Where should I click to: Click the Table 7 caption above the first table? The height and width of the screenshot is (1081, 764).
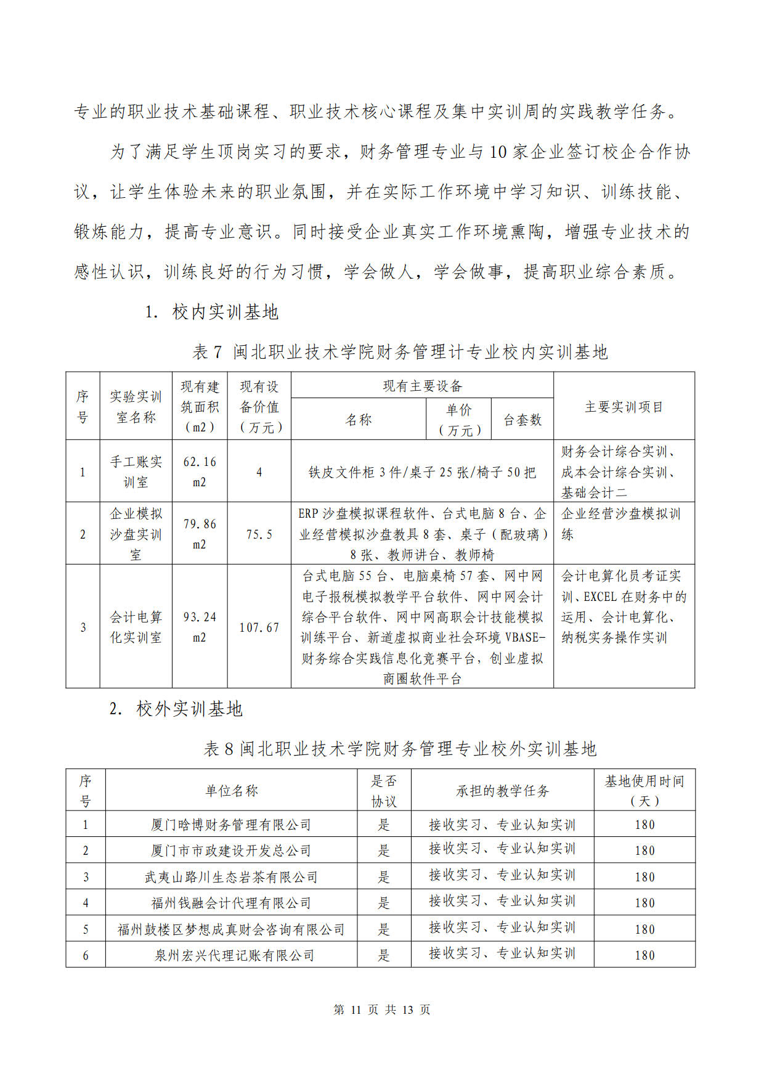(400, 352)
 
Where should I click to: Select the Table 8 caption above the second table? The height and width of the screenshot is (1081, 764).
(400, 749)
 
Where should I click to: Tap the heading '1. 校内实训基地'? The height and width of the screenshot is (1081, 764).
(211, 312)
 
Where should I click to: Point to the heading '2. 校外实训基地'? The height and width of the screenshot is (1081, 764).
(176, 709)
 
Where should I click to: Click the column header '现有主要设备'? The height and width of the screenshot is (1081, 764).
(422, 386)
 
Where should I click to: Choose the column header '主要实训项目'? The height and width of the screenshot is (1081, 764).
(624, 407)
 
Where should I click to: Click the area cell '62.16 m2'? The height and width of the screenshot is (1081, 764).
(200, 471)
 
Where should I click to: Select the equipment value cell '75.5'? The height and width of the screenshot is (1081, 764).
(259, 534)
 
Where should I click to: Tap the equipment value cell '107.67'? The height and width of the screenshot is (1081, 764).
(259, 627)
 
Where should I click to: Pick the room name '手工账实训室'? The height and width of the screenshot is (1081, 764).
(136, 471)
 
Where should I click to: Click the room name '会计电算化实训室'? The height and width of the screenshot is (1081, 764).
(136, 627)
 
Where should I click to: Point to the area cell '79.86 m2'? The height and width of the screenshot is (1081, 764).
(200, 534)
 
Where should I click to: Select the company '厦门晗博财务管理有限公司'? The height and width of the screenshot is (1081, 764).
(231, 825)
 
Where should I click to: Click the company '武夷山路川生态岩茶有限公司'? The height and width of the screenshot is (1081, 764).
(231, 877)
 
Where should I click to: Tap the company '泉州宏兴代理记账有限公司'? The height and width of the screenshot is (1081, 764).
(234, 955)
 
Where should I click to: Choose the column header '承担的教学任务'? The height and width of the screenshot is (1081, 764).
(502, 791)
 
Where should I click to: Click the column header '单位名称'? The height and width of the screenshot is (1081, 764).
(231, 791)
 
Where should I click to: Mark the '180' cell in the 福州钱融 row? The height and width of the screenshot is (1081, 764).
(644, 903)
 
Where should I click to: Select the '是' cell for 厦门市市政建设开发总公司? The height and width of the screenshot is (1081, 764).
(384, 851)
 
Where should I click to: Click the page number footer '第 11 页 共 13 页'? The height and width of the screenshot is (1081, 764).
(381, 1010)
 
